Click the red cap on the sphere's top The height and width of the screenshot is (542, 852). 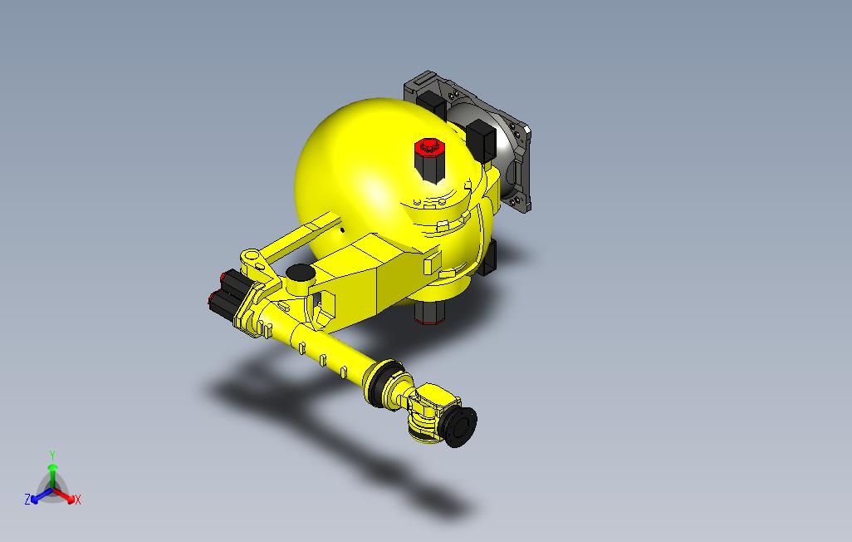(x=429, y=146)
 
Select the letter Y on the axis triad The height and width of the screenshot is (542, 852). (x=52, y=455)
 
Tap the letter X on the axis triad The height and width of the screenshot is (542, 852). (x=77, y=500)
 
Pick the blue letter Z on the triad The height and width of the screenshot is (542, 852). (x=27, y=499)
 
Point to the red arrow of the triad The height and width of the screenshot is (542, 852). (x=65, y=495)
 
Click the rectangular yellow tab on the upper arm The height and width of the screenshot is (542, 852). (x=432, y=264)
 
